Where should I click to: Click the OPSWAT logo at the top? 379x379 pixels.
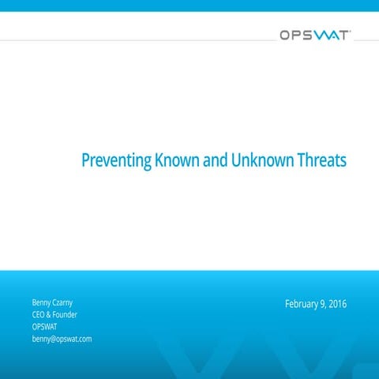tap(314, 35)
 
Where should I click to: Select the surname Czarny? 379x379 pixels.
tap(69, 302)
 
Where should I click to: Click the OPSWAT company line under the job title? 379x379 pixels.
tap(44, 326)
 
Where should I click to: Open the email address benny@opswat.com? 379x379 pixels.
tap(62, 339)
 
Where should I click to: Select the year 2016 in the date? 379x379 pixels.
tap(338, 304)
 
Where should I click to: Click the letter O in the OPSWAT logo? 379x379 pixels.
tap(285, 35)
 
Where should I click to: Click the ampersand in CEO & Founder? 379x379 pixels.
tap(51, 314)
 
